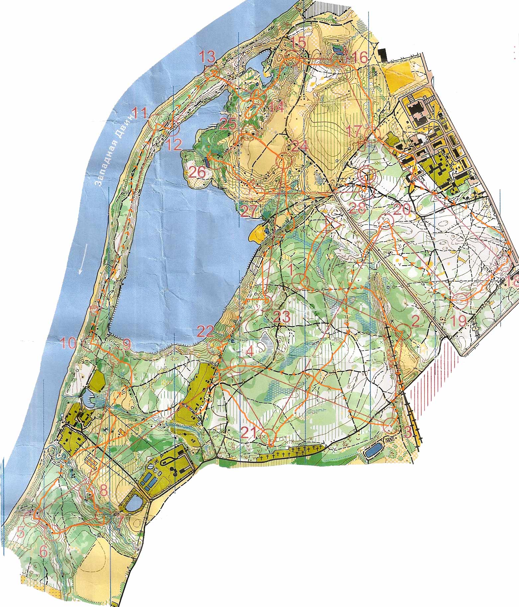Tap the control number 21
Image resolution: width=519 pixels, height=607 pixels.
[249, 432]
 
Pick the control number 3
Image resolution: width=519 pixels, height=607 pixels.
[407, 433]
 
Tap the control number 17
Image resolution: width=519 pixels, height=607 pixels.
[354, 132]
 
